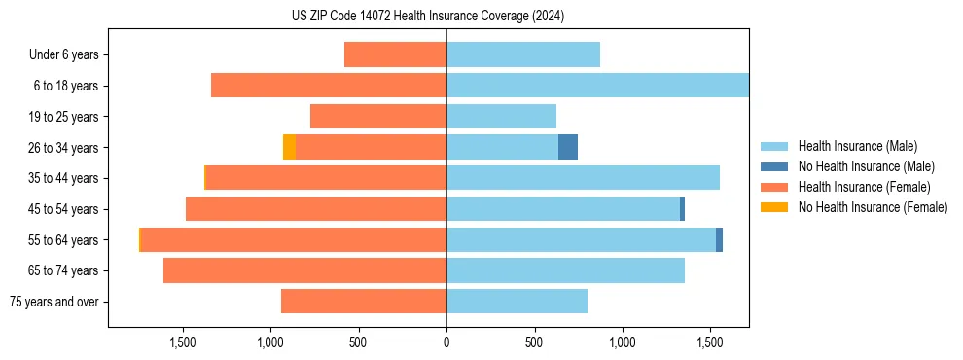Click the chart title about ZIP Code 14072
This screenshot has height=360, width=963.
[x=427, y=17]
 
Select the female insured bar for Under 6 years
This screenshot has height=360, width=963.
[x=395, y=54]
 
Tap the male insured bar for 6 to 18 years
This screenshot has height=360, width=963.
[x=597, y=86]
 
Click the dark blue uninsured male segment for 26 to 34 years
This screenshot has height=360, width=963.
[x=568, y=147]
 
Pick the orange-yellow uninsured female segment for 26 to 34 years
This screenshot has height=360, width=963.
[x=289, y=147]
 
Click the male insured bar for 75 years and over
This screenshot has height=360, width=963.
[x=517, y=302]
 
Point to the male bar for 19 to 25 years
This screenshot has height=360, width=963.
[x=501, y=117]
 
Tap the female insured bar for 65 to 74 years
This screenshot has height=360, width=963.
[x=304, y=270]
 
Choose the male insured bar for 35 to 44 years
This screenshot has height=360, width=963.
[x=583, y=178]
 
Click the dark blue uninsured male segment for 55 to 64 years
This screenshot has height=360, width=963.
[x=719, y=239]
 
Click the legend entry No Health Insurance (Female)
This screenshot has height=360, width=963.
[x=873, y=207]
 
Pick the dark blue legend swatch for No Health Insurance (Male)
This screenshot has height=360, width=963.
[x=774, y=166]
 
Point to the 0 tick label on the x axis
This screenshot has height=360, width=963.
[x=446, y=342]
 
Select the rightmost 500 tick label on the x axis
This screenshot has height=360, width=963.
[x=534, y=342]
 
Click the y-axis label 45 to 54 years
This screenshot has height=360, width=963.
[x=63, y=209]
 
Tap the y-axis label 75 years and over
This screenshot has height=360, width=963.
[x=53, y=302]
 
